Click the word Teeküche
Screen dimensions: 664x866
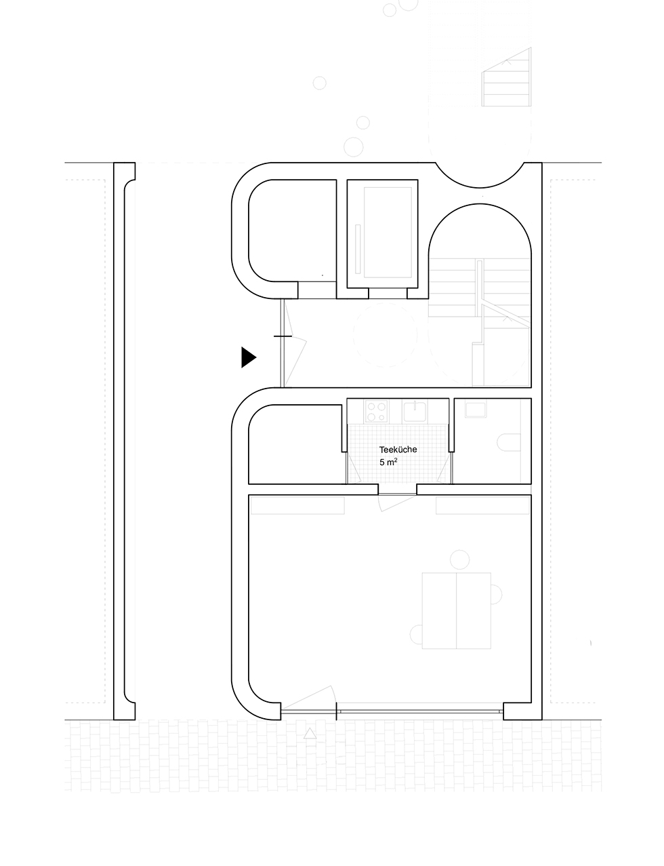tap(398, 450)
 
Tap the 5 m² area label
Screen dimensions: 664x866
tap(388, 462)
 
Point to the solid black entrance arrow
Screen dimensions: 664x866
tap(249, 357)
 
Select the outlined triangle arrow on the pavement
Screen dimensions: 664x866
tap(310, 733)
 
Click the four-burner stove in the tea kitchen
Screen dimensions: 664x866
tap(376, 411)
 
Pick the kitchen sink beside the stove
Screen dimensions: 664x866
tap(415, 411)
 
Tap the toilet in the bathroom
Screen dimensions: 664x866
tap(508, 442)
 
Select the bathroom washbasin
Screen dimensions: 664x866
tap(476, 410)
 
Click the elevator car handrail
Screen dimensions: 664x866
tap(358, 249)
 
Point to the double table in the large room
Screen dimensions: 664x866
tap(456, 610)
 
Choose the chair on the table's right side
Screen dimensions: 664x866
tap(496, 594)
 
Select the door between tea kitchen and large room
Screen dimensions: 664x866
tap(397, 503)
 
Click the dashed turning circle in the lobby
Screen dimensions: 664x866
tap(385, 335)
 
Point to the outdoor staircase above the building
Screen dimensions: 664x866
tap(506, 77)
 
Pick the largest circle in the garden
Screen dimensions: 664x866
tap(353, 146)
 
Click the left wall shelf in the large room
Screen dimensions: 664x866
tap(297, 505)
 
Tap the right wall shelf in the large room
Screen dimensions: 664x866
tap(483, 505)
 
